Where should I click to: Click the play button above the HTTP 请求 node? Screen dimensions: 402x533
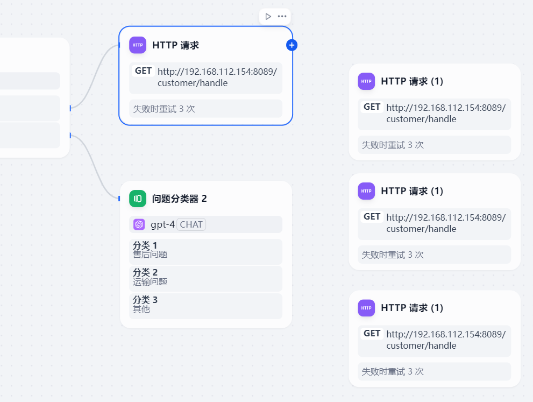(268, 16)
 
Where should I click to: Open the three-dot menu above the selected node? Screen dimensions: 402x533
(282, 16)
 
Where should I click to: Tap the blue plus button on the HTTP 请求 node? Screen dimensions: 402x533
(292, 45)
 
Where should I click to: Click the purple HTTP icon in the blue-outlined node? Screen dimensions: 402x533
(138, 45)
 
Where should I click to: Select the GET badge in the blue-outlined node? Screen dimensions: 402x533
(144, 71)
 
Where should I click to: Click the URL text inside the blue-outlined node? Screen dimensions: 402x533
(217, 77)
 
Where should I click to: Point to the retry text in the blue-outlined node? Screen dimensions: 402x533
(164, 109)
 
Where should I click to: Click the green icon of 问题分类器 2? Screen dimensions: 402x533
(138, 199)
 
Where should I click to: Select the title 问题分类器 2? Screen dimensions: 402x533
(180, 199)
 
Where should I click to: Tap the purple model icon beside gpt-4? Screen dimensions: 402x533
(139, 224)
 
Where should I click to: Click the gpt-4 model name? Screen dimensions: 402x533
(162, 224)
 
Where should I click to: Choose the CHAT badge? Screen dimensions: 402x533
(191, 224)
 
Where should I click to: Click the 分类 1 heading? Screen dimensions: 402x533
(145, 246)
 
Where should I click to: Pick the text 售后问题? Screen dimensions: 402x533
(150, 255)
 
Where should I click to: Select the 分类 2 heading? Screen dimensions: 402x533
(145, 273)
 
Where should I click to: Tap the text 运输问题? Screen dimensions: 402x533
(150, 281)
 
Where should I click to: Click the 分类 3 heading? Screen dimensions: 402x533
(145, 300)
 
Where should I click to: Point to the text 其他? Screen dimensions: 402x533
(141, 309)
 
